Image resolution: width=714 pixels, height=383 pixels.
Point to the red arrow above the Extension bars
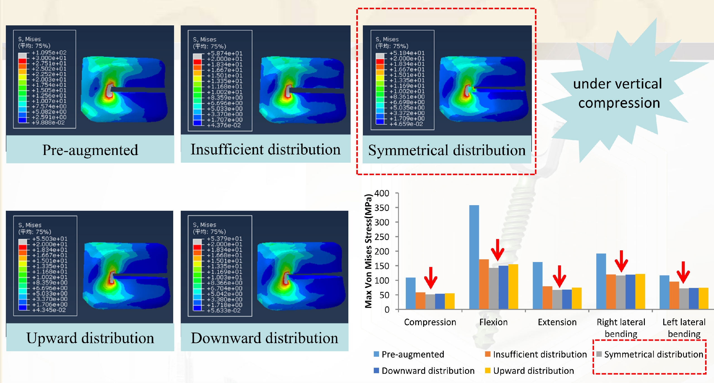tap(559, 276)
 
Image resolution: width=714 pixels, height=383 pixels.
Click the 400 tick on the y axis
tap(382, 193)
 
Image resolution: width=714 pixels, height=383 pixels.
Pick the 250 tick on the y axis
tap(382, 237)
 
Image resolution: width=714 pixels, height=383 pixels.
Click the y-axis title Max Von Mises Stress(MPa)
tap(368, 251)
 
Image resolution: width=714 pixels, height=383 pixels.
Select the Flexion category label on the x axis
tap(493, 322)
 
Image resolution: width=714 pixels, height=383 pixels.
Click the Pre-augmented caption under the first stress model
tap(90, 150)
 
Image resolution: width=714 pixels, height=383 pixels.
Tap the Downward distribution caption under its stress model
tap(264, 338)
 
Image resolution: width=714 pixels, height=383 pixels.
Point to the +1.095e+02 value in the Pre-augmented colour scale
tap(49, 53)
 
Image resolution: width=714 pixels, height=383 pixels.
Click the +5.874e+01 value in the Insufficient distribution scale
tap(225, 53)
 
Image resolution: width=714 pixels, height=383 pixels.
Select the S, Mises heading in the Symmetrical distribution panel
tap(387, 39)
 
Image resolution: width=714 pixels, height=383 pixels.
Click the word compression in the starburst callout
tap(619, 103)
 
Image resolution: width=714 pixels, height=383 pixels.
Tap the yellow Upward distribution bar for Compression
tap(450, 301)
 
